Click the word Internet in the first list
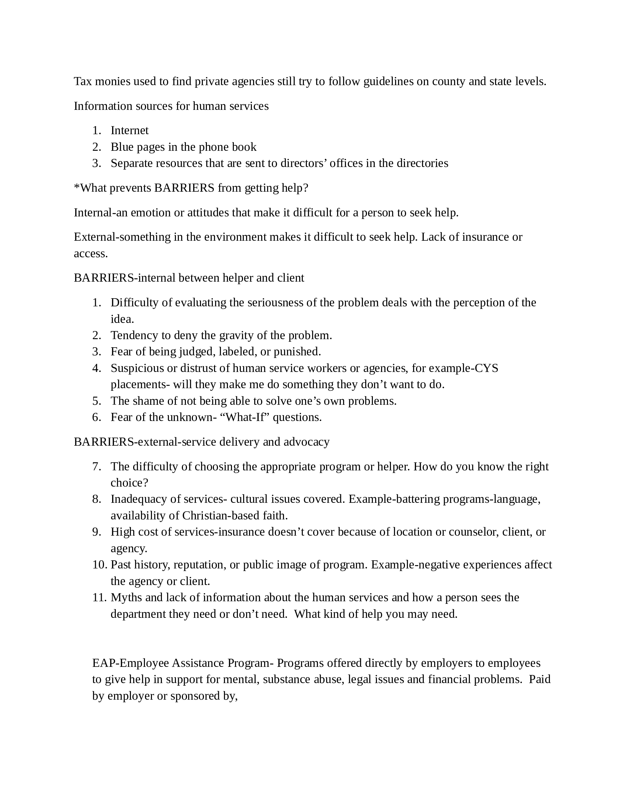129,130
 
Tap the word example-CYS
464,368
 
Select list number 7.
97,467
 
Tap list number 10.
100,565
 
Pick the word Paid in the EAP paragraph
539,679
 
